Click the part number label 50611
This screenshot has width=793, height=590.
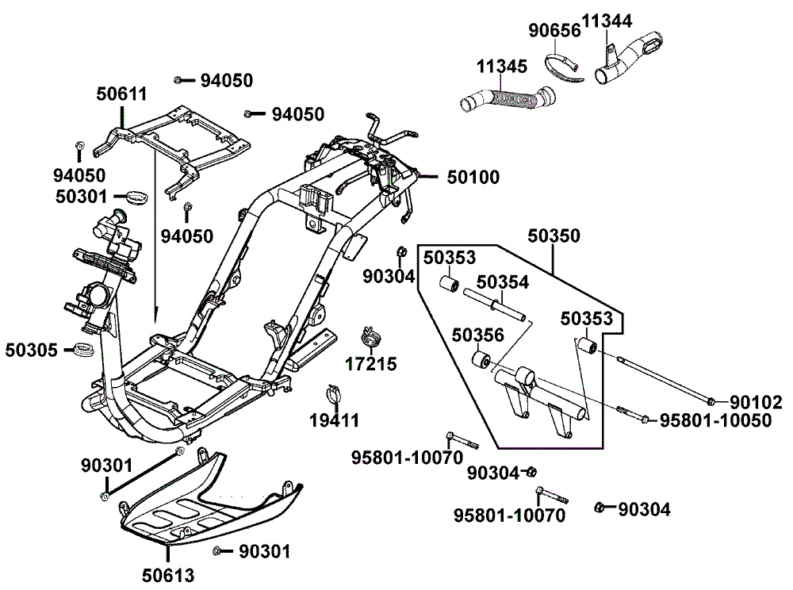click(122, 94)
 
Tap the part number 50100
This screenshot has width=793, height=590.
click(473, 177)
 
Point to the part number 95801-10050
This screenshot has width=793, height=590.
click(715, 420)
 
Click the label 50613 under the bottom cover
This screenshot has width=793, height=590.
click(169, 575)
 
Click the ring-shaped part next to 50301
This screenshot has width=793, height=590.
click(140, 195)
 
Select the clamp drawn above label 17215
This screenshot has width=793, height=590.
click(370, 336)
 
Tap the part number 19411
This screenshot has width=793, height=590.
click(333, 420)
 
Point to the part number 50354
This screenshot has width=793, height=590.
click(503, 282)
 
